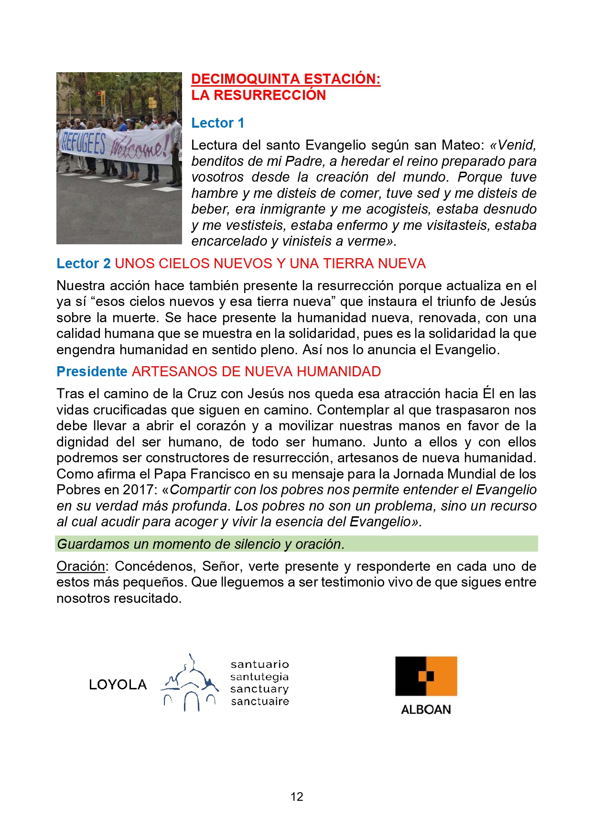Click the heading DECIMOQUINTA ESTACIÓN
[286, 79]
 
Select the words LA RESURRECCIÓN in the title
[259, 95]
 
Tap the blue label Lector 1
[217, 123]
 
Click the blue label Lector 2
[83, 263]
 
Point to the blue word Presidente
[92, 371]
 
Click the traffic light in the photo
[101, 98]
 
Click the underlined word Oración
[80, 566]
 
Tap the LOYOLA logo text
[118, 685]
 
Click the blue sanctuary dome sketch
[189, 683]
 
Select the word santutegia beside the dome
[259, 676]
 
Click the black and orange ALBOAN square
[426, 676]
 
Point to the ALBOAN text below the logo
[426, 709]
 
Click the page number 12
[297, 796]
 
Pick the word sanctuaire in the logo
[260, 701]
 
